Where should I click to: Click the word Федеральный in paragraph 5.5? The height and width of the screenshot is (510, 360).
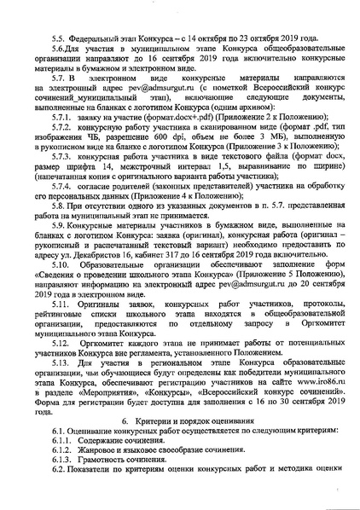[99, 39]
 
